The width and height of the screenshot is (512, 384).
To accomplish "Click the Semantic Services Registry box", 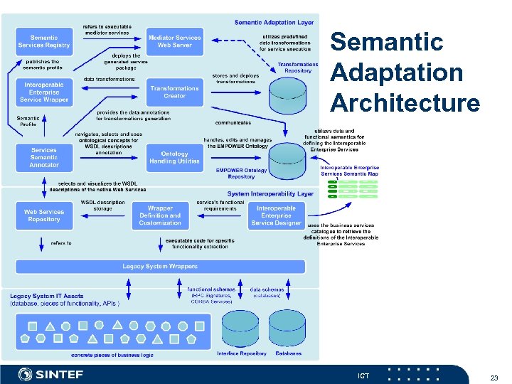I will click(x=44, y=42).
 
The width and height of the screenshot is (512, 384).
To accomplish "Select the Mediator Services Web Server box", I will click(x=174, y=42).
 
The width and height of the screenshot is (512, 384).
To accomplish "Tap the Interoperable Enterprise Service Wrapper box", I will click(x=44, y=92).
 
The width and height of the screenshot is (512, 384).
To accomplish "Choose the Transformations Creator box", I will click(x=174, y=92).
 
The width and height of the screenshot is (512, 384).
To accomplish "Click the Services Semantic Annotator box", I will click(x=44, y=158).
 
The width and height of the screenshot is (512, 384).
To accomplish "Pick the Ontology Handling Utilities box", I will click(x=174, y=158).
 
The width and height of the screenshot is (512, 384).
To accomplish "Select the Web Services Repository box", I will click(x=44, y=215).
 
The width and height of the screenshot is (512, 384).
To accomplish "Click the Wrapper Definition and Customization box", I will click(x=160, y=215).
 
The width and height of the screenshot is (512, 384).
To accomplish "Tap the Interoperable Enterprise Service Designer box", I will click(x=276, y=215).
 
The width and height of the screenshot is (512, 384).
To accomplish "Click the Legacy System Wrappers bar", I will click(x=160, y=267).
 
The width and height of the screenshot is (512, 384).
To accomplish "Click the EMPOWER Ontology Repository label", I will click(x=241, y=174).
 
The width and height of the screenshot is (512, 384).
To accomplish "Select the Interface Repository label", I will click(x=242, y=353).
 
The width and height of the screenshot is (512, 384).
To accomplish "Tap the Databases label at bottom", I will click(x=288, y=353).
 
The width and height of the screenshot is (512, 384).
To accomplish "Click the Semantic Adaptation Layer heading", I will click(x=273, y=22).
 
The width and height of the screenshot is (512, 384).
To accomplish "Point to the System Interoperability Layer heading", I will click(x=270, y=193).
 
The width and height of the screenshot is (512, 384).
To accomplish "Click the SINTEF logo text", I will click(x=60, y=375).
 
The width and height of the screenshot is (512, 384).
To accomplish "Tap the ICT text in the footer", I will click(x=363, y=375).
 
